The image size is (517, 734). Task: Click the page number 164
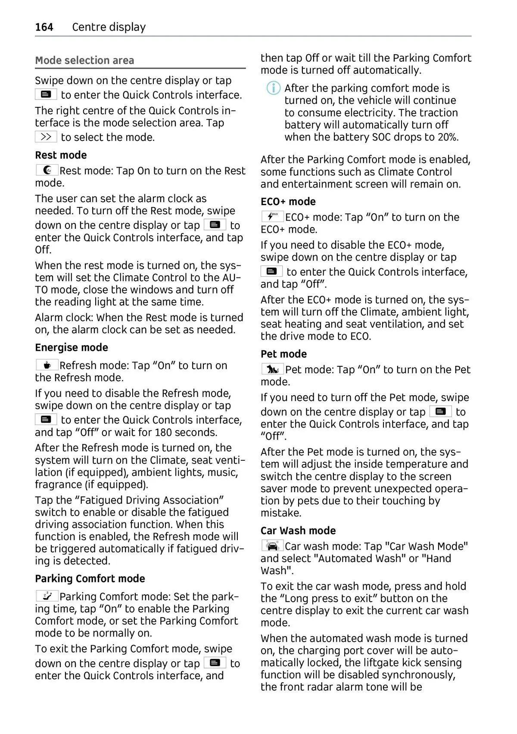pos(44,27)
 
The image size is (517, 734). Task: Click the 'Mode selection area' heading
pos(84,60)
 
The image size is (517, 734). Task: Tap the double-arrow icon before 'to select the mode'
pos(46,137)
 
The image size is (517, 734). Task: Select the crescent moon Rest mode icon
pos(47,170)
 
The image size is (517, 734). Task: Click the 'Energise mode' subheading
pos(72,347)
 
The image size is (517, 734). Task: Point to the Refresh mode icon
pos(47,365)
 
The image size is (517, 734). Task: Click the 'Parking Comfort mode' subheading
pos(90,578)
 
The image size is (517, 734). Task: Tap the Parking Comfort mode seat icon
pos(47,596)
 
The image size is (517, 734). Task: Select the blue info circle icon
pos(273,88)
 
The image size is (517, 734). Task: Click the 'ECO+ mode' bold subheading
pos(288,202)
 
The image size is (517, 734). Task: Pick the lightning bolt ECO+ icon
pos(272,217)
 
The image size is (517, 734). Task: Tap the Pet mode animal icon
pos(272,369)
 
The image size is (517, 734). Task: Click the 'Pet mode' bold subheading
pos(283,354)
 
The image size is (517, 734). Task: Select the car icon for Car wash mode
pos(272,546)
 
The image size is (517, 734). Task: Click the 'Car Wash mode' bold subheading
pos(298,531)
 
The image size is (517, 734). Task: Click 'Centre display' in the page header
pos(109,27)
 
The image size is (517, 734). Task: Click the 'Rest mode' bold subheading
pos(61,155)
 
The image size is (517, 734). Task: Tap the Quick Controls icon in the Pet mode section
pos(440,412)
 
